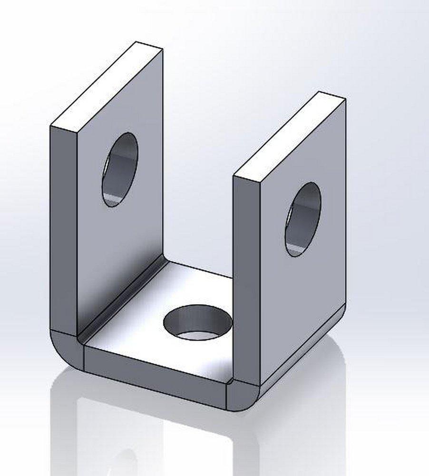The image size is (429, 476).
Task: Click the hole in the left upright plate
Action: [119, 169]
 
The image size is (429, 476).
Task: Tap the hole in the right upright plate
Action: [303, 219]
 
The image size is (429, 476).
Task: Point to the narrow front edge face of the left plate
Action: [63, 228]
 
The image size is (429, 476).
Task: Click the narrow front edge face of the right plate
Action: [246, 276]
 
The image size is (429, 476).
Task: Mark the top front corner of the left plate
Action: [51, 126]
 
